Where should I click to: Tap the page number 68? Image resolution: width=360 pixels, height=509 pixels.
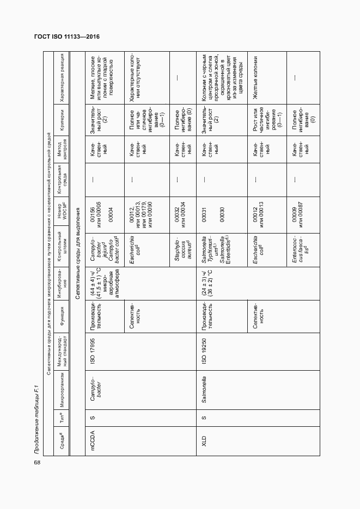click(37, 462)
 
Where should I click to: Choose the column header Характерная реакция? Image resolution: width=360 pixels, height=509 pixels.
click(64, 78)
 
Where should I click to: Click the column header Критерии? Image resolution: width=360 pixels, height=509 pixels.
click(64, 122)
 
